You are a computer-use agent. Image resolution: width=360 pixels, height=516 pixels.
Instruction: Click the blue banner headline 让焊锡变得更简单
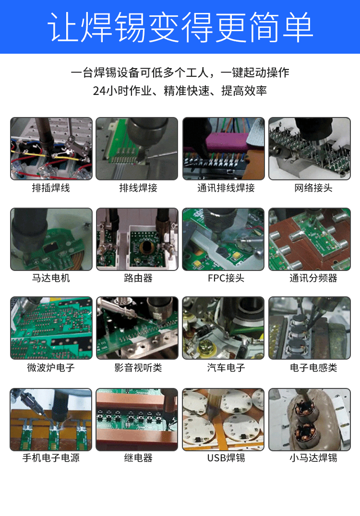click(180, 27)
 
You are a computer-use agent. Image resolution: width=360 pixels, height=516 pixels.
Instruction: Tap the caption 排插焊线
click(51, 188)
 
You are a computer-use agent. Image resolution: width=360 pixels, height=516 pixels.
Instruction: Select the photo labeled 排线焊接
click(137, 149)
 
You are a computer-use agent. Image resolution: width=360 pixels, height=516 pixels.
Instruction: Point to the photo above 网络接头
click(309, 149)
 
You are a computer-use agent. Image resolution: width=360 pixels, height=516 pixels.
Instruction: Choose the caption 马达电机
click(51, 278)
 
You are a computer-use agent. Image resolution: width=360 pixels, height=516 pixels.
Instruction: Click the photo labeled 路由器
click(137, 239)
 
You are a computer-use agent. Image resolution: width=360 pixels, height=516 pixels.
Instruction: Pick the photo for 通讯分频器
click(309, 239)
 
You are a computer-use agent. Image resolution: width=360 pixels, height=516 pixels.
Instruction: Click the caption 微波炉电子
click(51, 368)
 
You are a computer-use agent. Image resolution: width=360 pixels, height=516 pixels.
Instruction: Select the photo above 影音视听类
click(137, 328)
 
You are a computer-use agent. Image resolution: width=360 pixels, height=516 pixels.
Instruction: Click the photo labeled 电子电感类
click(309, 328)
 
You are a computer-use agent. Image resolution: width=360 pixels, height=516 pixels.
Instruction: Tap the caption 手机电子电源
click(51, 458)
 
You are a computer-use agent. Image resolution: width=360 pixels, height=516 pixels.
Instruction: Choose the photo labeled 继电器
click(137, 420)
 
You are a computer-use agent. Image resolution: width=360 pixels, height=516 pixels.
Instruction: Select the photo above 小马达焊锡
click(309, 420)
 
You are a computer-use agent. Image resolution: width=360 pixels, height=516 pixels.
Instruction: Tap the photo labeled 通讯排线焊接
click(223, 149)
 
